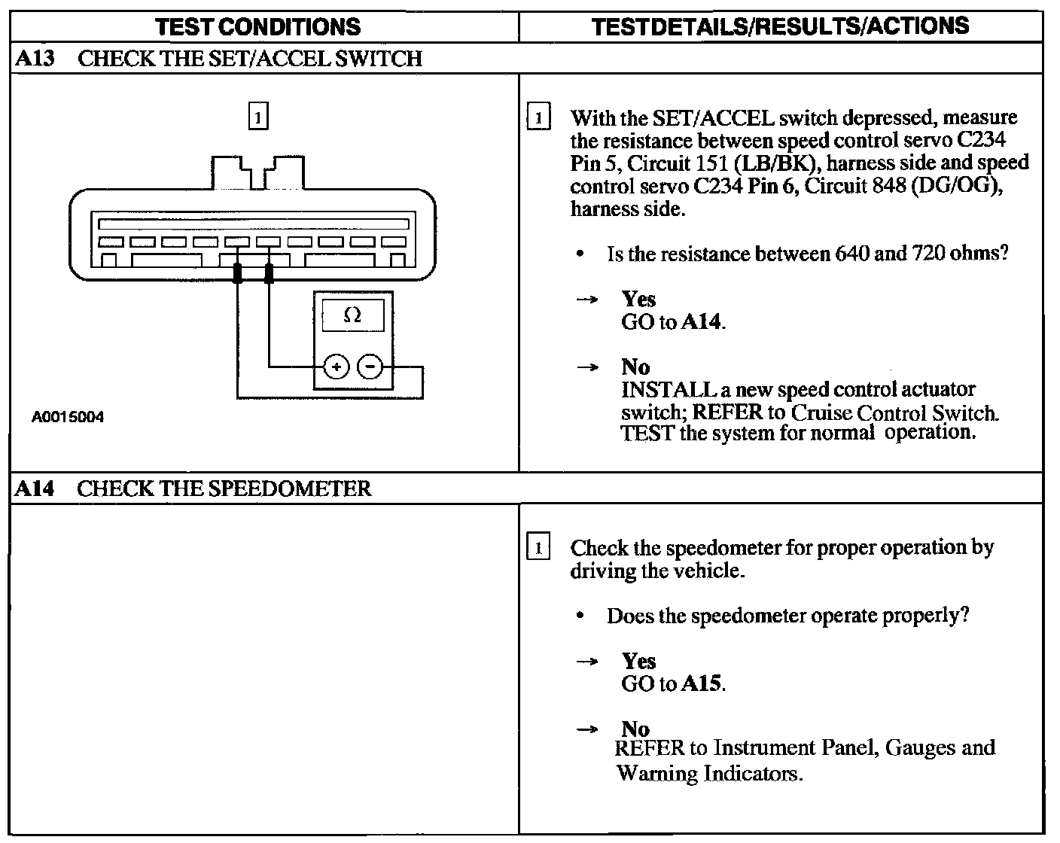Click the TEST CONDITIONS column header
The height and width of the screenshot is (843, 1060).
point(257,27)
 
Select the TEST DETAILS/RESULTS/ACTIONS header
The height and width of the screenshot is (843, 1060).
point(780,26)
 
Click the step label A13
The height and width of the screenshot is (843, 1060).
point(35,59)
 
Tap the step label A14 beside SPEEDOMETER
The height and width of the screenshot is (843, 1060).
point(35,489)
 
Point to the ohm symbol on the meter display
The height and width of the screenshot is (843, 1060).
point(352,315)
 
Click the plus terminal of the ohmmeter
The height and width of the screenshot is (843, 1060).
point(337,367)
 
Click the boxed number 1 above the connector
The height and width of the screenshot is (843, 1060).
point(257,117)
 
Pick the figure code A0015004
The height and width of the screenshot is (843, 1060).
point(68,417)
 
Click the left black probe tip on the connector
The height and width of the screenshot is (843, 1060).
point(238,273)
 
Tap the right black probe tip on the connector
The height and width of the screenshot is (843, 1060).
point(270,273)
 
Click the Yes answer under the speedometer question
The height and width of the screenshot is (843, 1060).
point(638,662)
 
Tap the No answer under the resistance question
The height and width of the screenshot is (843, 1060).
point(635,367)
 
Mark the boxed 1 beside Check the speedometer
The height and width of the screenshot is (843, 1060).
point(538,548)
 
